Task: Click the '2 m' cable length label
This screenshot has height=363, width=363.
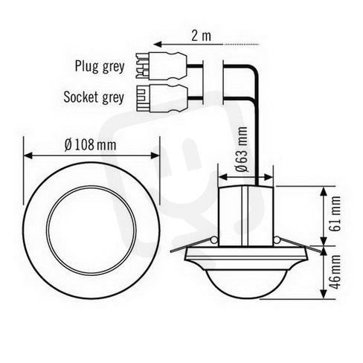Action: coord(201,36)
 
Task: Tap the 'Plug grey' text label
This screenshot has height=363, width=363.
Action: coord(100,66)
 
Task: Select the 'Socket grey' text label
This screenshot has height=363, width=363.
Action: coord(94,97)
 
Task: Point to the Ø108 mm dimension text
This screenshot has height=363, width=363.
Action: coord(90,145)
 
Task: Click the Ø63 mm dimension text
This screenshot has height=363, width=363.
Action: coord(242,150)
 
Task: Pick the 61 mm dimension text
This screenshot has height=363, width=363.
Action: coord(335,213)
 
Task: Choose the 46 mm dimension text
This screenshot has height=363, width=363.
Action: coord(335,272)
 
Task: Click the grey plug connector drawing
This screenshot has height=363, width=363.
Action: coord(161,65)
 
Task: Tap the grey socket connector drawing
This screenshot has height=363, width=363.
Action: coord(161,98)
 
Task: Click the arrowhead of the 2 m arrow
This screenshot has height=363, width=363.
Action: coord(158,45)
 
